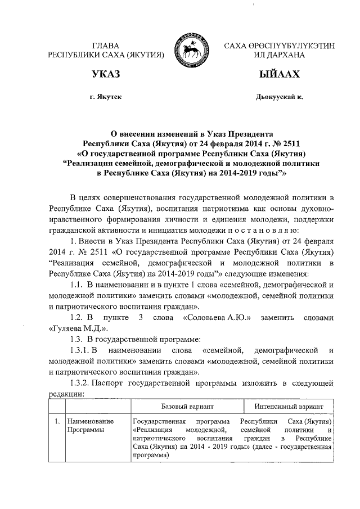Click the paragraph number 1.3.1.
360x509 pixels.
click(x=77, y=350)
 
